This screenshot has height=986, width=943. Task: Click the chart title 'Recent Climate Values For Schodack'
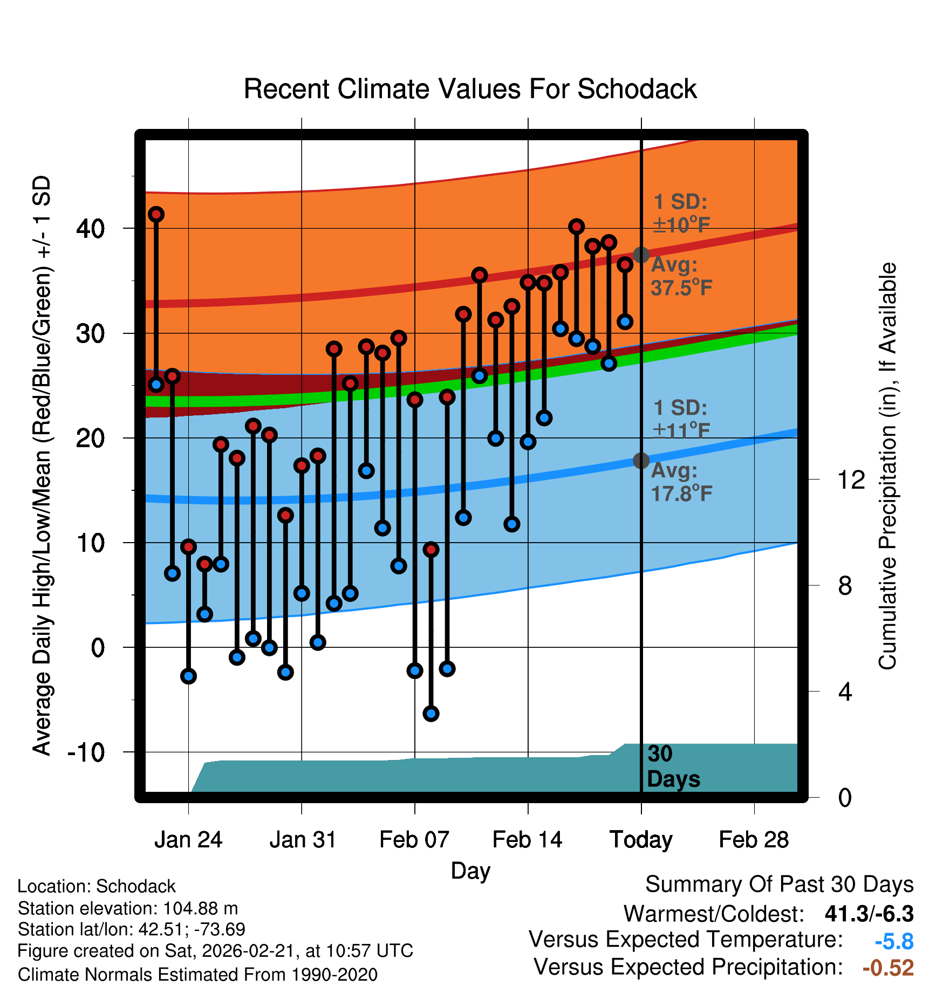pos(470,89)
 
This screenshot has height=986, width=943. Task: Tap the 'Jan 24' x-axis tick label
pos(188,840)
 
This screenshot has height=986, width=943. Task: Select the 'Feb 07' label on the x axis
pos(414,840)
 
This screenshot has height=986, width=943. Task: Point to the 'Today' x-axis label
pos(641,840)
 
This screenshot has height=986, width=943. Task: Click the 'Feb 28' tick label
pos(754,840)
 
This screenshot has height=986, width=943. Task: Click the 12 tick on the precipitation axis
pos(851,480)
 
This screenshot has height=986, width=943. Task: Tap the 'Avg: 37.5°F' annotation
pos(681,276)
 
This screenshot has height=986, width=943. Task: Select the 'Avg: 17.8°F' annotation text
pos(681,482)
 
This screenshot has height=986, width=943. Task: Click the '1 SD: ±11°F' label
pos(681,419)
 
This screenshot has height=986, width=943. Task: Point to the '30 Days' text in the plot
pos(673,766)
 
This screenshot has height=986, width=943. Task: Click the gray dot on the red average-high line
pos(641,255)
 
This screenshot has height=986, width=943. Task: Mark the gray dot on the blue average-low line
pos(641,461)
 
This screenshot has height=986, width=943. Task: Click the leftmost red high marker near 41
pos(156,214)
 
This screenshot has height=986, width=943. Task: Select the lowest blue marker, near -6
pos(430,714)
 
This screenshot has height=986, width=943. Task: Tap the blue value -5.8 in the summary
pos(894,942)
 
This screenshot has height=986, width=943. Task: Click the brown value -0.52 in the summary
pos(888,968)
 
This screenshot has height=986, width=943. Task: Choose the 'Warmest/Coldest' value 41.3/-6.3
pos(869,914)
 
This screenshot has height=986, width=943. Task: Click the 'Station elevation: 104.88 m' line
pos(128,908)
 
